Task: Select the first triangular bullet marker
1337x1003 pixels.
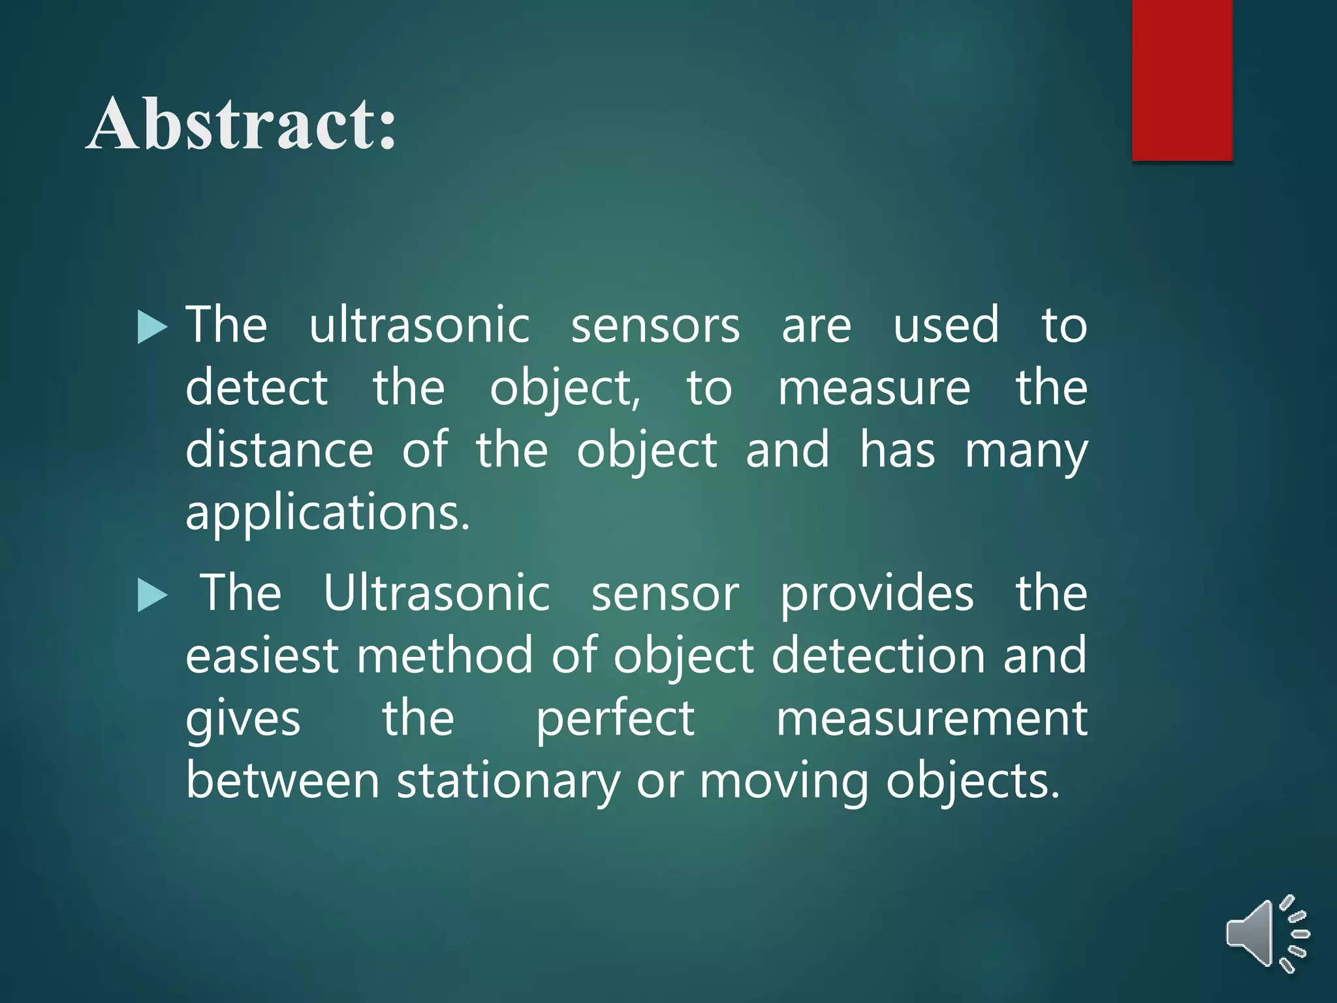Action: coord(152,326)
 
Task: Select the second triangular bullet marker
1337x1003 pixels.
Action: coord(152,596)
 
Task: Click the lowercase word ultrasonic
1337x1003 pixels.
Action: coord(419,325)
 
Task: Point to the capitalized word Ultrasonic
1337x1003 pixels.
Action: coord(437,593)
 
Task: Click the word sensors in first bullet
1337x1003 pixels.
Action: coord(655,326)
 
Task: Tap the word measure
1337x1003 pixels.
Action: coord(874,388)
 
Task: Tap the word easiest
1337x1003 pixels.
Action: coord(262,656)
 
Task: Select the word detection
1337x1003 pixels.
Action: coord(878,656)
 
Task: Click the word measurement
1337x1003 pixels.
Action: coord(932,718)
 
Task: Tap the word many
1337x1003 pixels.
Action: coord(1026,451)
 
